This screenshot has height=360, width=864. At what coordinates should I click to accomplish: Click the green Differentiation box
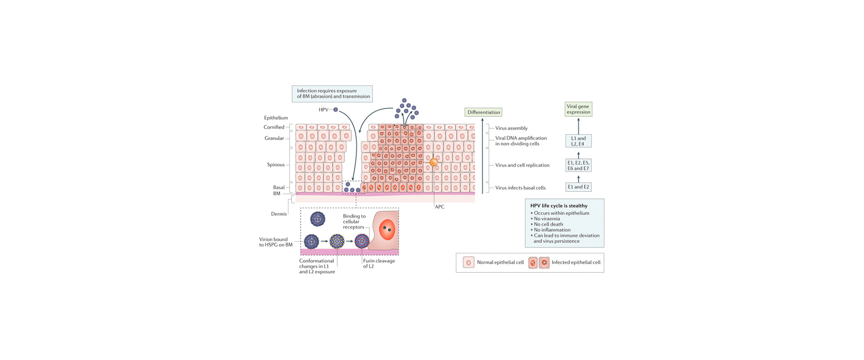click(483, 112)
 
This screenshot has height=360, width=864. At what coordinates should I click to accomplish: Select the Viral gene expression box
click(578, 109)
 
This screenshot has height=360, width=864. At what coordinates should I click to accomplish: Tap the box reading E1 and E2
click(578, 187)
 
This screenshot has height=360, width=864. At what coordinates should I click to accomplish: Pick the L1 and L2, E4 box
click(578, 141)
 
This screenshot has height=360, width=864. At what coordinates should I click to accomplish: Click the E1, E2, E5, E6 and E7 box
click(578, 165)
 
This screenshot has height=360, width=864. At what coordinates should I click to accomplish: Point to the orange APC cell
click(433, 162)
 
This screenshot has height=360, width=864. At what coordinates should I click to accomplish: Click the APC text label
click(439, 207)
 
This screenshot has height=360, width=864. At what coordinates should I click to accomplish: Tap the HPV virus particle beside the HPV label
click(336, 110)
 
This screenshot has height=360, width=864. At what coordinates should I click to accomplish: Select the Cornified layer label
click(274, 127)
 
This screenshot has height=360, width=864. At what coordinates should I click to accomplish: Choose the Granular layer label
click(274, 138)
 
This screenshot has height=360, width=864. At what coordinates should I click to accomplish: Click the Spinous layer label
click(275, 165)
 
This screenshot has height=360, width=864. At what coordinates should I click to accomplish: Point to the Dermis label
click(279, 214)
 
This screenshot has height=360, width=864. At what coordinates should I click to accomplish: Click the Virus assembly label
click(511, 128)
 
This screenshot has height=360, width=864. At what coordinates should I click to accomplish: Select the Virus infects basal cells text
click(520, 188)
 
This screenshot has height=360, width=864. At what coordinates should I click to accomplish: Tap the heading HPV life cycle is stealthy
click(558, 206)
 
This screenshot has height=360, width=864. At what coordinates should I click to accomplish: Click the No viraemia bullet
click(547, 219)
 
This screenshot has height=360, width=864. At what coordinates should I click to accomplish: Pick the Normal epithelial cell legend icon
click(468, 262)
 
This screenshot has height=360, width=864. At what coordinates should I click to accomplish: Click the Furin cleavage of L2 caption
click(379, 263)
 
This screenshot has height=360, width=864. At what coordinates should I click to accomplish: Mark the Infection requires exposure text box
click(333, 94)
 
